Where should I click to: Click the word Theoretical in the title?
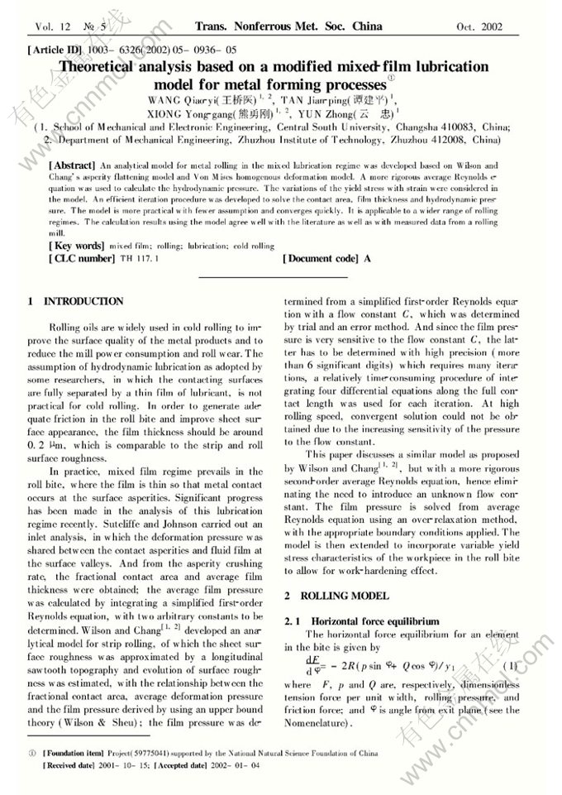coord(110,68)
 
